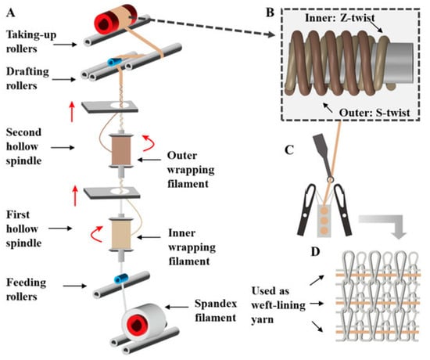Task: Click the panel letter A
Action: click(x=11, y=13)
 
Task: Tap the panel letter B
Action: click(x=271, y=13)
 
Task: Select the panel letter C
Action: click(x=289, y=150)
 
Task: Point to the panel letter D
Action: click(x=315, y=251)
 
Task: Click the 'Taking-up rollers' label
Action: click(x=31, y=41)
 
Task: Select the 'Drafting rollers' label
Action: click(x=27, y=78)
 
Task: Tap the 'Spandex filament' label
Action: click(x=216, y=311)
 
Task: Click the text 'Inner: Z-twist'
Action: click(x=340, y=18)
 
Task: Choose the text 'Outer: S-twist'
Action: click(x=374, y=113)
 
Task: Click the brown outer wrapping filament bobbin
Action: click(x=121, y=150)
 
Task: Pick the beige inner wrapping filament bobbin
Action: click(x=121, y=234)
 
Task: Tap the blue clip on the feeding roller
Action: click(x=121, y=279)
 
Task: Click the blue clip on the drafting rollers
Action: click(x=114, y=62)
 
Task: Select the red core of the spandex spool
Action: click(x=136, y=326)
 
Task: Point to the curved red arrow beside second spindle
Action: click(x=149, y=142)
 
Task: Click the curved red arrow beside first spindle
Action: click(x=96, y=234)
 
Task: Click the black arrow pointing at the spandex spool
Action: click(x=177, y=307)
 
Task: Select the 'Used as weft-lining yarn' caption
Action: click(x=278, y=305)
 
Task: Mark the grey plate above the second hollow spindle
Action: click(x=109, y=106)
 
